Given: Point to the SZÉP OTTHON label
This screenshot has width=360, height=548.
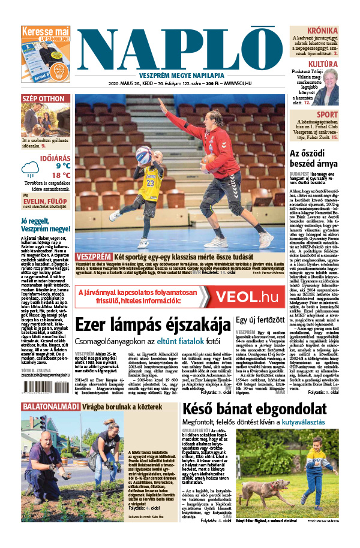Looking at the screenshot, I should pos(43,98).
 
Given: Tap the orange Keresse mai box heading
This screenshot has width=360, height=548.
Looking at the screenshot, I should pos(46,31).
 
